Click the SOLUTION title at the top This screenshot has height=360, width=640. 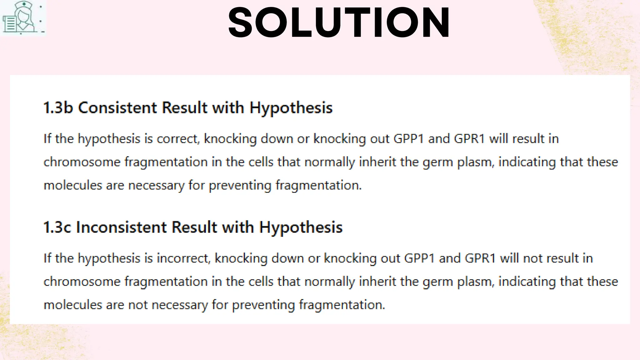[x=339, y=22]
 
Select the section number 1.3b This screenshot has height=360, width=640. [x=58, y=108]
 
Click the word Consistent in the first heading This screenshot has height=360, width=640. [x=117, y=108]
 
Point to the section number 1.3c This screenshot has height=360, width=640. [x=57, y=227]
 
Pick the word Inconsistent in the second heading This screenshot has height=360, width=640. [x=121, y=227]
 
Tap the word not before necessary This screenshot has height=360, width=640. [x=138, y=305]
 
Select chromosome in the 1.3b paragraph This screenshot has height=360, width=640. [x=82, y=162]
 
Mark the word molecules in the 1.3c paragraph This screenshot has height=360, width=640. [x=72, y=305]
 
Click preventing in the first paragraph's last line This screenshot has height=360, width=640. [x=240, y=186]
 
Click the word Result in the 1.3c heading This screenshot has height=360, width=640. [x=194, y=227]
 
